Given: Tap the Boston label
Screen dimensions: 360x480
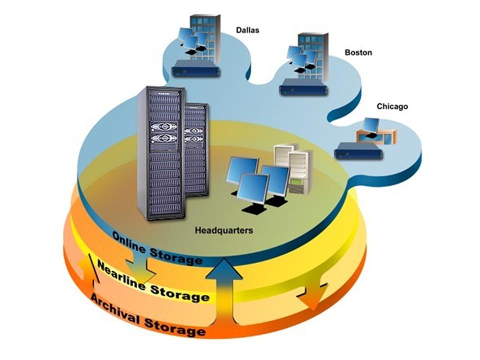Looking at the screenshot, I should point(358,52).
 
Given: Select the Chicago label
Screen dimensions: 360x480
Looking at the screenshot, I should point(392,106).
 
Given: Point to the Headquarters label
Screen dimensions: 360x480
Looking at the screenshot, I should point(223,231).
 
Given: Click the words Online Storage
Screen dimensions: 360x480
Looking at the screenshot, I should point(157,248).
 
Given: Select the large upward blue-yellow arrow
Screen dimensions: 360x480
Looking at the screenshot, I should point(224,295).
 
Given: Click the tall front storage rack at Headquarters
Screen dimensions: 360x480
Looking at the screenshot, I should point(161,152).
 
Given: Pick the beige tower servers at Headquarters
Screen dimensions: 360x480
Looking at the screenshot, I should point(294,167).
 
